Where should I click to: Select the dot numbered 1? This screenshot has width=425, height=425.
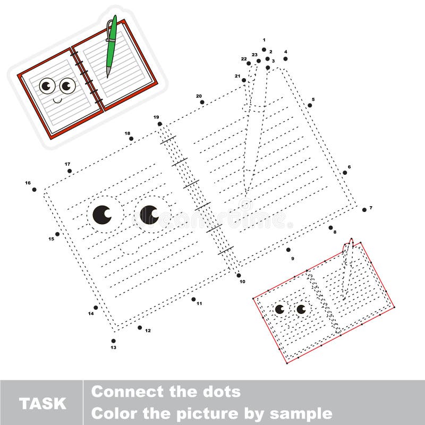tap(264, 49)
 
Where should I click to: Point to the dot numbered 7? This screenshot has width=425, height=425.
tap(364, 210)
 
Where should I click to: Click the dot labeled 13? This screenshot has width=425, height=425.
tap(114, 341)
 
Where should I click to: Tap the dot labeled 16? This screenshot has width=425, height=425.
tap(35, 189)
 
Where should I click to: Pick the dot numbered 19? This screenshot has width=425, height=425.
tap(160, 124)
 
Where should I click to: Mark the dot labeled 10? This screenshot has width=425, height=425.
tap(239, 275)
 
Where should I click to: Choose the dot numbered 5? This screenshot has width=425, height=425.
tap(310, 105)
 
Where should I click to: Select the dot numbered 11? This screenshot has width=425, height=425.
tap(194, 299)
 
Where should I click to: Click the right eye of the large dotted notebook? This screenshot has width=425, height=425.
tap(149, 215)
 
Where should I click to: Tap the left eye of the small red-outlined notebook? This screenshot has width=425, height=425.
tap(279, 309)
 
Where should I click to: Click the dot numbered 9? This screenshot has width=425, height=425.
tap(288, 250)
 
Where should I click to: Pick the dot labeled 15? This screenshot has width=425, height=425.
tap(57, 234)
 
